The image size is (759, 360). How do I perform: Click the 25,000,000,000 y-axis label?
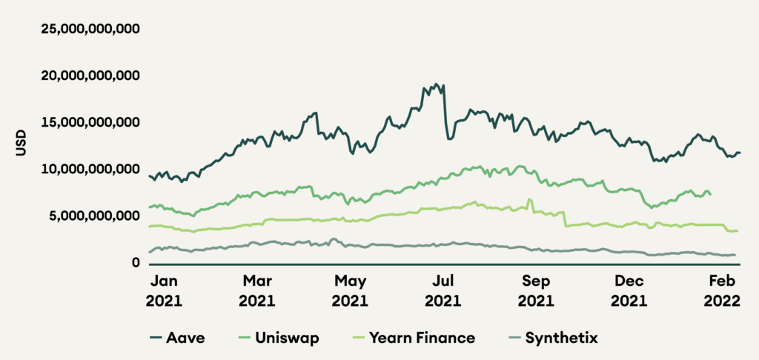pos(90,30)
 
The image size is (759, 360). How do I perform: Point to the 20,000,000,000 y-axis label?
pos(90,76)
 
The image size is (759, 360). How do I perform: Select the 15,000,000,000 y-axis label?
pos(90,123)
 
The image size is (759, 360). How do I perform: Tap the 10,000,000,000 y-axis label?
pos(90,170)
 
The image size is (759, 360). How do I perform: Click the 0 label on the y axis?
pos(136,263)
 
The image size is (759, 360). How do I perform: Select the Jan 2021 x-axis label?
pos(165,292)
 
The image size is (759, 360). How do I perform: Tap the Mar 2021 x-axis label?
pos(257,292)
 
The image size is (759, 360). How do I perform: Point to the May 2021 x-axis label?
pos(351,292)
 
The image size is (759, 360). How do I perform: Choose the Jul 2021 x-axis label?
pos(443,292)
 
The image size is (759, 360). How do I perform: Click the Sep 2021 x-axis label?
pos(536,292)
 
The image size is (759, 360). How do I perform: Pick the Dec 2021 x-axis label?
pos(628,292)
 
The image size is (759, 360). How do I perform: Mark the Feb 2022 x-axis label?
pos(722,292)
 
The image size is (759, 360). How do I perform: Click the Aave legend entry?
pos(177,339)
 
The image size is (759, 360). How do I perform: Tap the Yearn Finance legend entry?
pos(413,339)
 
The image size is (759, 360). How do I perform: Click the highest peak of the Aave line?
pos(436,84)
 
